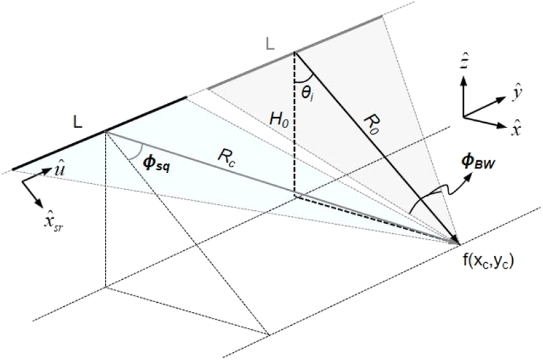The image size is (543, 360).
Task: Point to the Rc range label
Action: [x=226, y=158]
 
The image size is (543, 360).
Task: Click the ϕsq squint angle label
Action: [x=157, y=164]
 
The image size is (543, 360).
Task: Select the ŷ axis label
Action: [x=517, y=93]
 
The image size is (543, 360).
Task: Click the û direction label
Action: [x=58, y=169]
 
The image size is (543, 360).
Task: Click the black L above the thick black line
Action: [x=78, y=122]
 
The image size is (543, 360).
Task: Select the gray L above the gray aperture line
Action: [x=270, y=44]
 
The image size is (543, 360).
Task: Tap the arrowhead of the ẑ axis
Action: [x=464, y=80]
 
